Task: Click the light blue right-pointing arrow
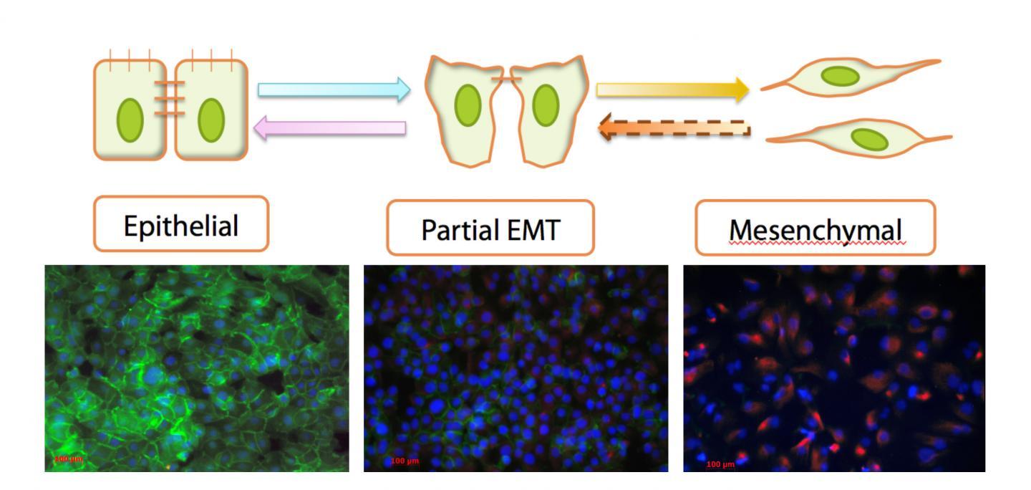point(334,90)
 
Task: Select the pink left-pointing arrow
point(330,128)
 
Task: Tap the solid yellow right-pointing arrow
point(672,90)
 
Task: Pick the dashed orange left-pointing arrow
point(674,128)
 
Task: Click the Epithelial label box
point(181,225)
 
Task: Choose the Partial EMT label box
point(490,229)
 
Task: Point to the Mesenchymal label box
point(815,229)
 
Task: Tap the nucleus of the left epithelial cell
point(130,120)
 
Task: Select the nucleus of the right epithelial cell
point(211,120)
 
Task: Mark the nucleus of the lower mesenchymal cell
point(869,139)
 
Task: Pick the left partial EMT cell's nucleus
point(468,105)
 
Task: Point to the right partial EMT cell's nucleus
point(546,105)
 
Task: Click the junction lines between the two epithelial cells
point(170,99)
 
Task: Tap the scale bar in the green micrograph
point(68,458)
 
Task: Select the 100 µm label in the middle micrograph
point(405,461)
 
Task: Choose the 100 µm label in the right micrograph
point(720,464)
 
